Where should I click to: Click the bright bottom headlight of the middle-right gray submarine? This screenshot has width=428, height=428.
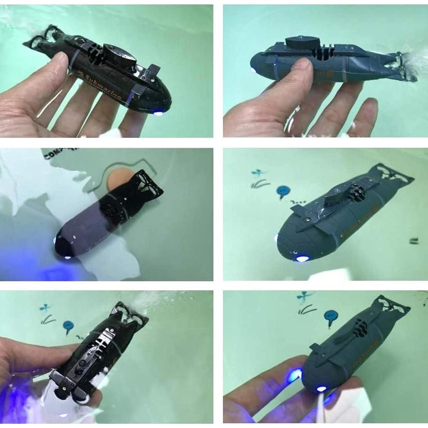[x=302, y=259]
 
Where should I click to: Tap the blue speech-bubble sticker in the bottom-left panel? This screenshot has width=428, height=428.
[x=68, y=325]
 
